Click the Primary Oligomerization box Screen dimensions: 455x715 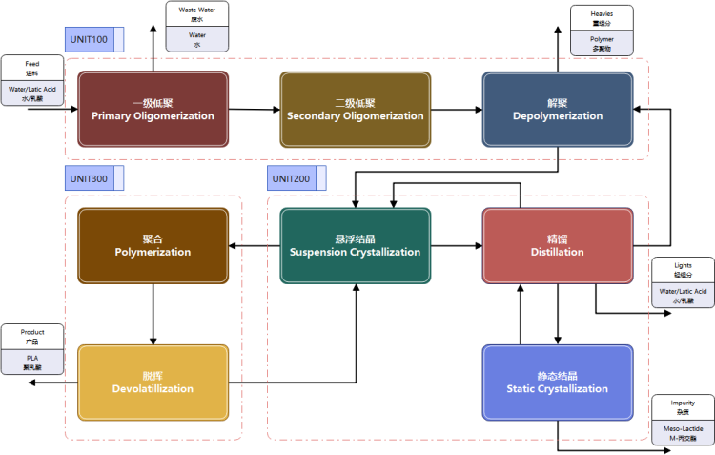point(153,109)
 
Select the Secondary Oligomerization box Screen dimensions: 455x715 point(355,109)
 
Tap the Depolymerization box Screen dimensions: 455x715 point(557,109)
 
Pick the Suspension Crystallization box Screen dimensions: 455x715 point(355,245)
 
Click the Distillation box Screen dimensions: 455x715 point(557,245)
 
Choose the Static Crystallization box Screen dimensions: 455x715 point(557,382)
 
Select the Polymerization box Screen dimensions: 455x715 point(153,245)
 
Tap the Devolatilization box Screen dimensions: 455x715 point(153,382)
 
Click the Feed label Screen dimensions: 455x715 point(32,64)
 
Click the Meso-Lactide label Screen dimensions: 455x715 point(683,432)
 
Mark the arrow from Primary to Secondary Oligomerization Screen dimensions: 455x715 point(254,110)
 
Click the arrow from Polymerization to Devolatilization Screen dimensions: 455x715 point(153,314)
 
